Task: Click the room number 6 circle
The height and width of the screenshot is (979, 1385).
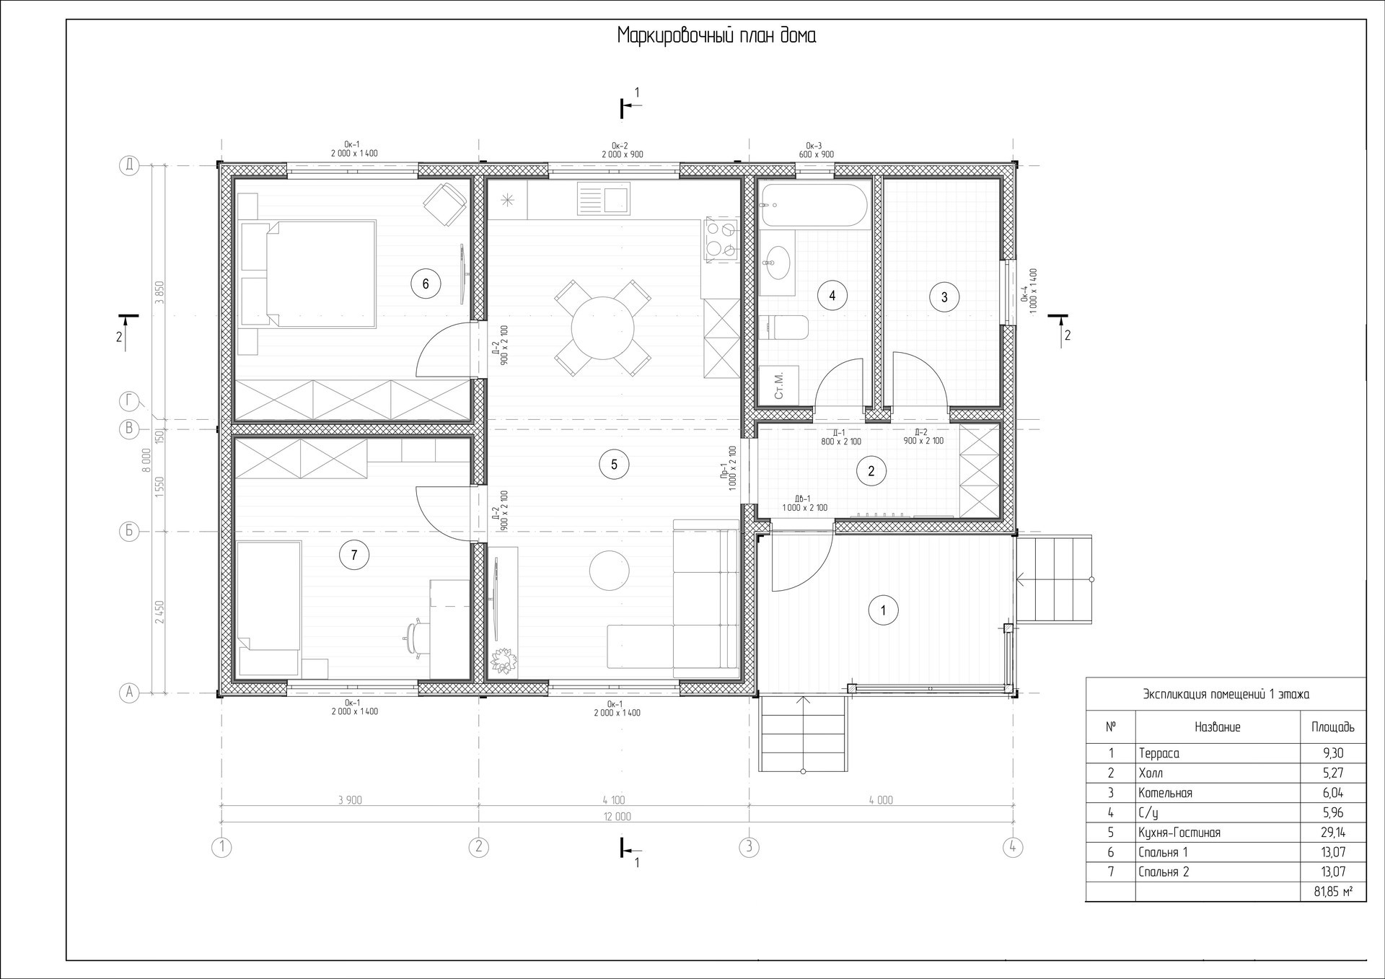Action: pyautogui.click(x=426, y=284)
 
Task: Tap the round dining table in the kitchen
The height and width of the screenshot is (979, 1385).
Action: pyautogui.click(x=602, y=328)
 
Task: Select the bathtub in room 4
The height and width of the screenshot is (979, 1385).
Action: pyautogui.click(x=814, y=206)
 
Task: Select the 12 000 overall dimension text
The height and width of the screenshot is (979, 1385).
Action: pyautogui.click(x=617, y=817)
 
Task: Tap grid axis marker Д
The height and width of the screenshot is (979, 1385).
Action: pyautogui.click(x=129, y=166)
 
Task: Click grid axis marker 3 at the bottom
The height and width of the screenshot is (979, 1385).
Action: pyautogui.click(x=749, y=846)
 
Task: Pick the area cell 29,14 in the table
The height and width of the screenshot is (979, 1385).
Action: pyautogui.click(x=1333, y=832)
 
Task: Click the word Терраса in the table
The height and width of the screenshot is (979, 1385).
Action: pyautogui.click(x=1158, y=753)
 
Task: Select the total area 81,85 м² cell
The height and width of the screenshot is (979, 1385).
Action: pyautogui.click(x=1333, y=892)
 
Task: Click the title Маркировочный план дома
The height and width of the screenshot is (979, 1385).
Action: pyautogui.click(x=716, y=36)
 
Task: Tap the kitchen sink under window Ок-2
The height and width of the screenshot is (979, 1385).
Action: pyautogui.click(x=603, y=199)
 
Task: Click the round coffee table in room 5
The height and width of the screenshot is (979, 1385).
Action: pyautogui.click(x=610, y=571)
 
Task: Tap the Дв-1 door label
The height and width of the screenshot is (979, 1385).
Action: pyautogui.click(x=804, y=503)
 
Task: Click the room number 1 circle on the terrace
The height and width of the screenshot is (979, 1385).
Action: pyautogui.click(x=884, y=610)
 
